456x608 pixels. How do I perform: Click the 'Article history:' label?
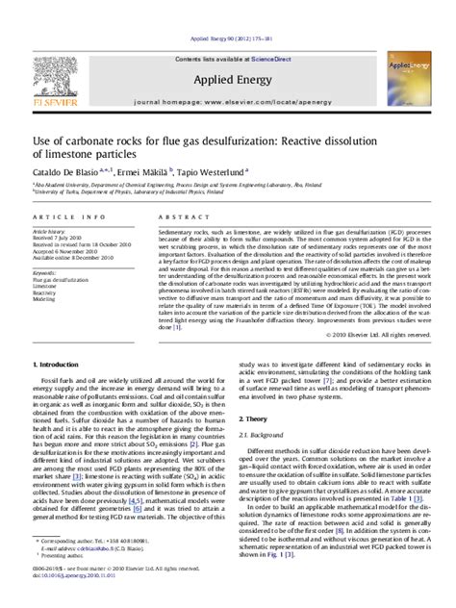pos(52,233)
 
